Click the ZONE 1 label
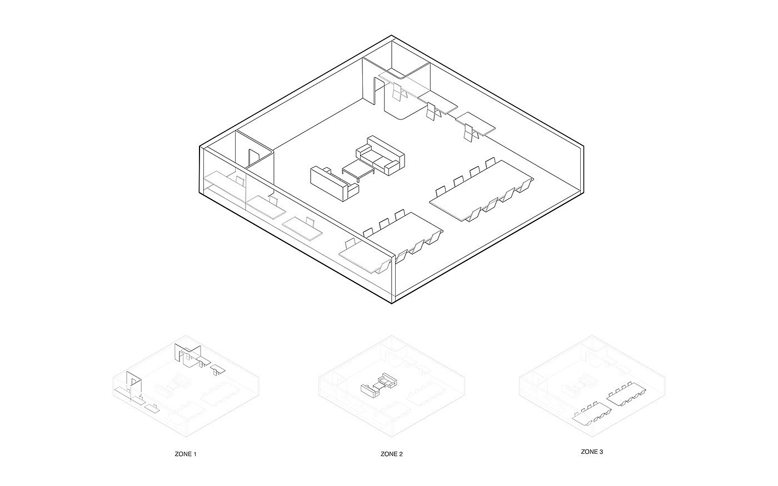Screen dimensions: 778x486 coord(186,454)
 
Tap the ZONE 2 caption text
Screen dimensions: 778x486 coord(392,454)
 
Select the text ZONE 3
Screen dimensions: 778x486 coord(592,452)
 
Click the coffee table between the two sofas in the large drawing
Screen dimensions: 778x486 coord(356,169)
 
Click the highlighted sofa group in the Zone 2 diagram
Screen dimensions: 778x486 coord(380,384)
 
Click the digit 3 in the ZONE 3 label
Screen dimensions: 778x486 coord(601,452)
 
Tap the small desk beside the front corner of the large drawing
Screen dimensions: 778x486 coord(363,258)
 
